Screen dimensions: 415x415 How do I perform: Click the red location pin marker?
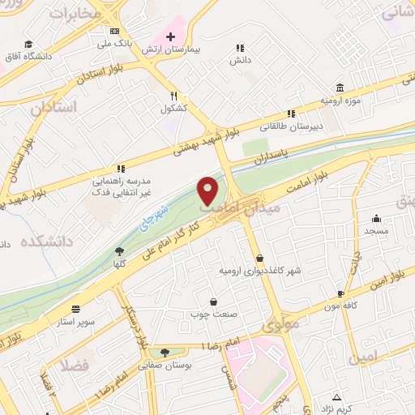pyautogui.click(x=209, y=190)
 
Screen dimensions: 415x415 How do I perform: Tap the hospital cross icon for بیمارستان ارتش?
pyautogui.click(x=170, y=36)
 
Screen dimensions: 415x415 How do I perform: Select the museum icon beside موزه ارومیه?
pyautogui.click(x=340, y=88)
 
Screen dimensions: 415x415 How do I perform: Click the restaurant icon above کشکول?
pyautogui.click(x=173, y=96)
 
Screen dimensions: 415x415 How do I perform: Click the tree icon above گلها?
pyautogui.click(x=120, y=251)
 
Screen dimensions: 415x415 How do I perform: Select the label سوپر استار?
pyautogui.click(x=76, y=322)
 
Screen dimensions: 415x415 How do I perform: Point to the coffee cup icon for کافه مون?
pyautogui.click(x=341, y=294)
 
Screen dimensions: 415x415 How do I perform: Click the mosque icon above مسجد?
pyautogui.click(x=376, y=219)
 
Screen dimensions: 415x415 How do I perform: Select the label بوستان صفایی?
pyautogui.click(x=166, y=366)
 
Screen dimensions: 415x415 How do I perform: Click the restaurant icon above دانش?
pyautogui.click(x=238, y=48)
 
